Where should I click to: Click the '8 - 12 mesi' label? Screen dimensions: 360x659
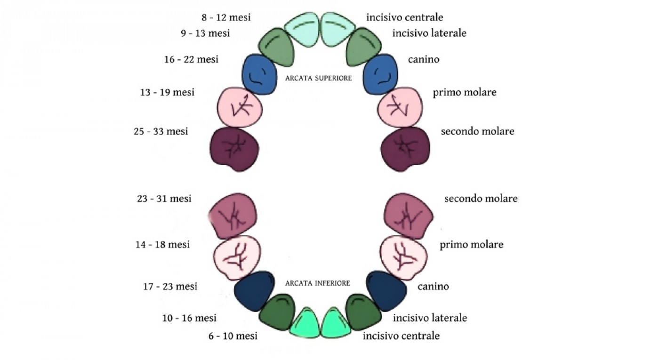click(226, 18)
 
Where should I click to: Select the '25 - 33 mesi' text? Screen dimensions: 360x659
click(161, 132)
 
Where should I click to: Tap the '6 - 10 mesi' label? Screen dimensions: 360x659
click(233, 336)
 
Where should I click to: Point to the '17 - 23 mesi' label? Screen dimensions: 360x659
click(170, 286)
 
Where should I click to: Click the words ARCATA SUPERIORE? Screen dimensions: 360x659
click(319, 79)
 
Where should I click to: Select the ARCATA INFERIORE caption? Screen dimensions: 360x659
click(318, 283)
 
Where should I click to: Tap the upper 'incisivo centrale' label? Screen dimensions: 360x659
click(404, 18)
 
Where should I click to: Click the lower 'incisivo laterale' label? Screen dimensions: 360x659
click(430, 318)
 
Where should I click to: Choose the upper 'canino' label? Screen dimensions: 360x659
click(424, 60)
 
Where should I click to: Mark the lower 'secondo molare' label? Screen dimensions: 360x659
click(481, 199)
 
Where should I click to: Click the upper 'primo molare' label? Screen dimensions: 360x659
click(464, 92)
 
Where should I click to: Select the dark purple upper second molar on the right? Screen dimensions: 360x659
click(405, 147)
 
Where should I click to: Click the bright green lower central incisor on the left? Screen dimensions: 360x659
click(304, 323)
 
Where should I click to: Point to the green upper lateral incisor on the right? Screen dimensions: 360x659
click(362, 47)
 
